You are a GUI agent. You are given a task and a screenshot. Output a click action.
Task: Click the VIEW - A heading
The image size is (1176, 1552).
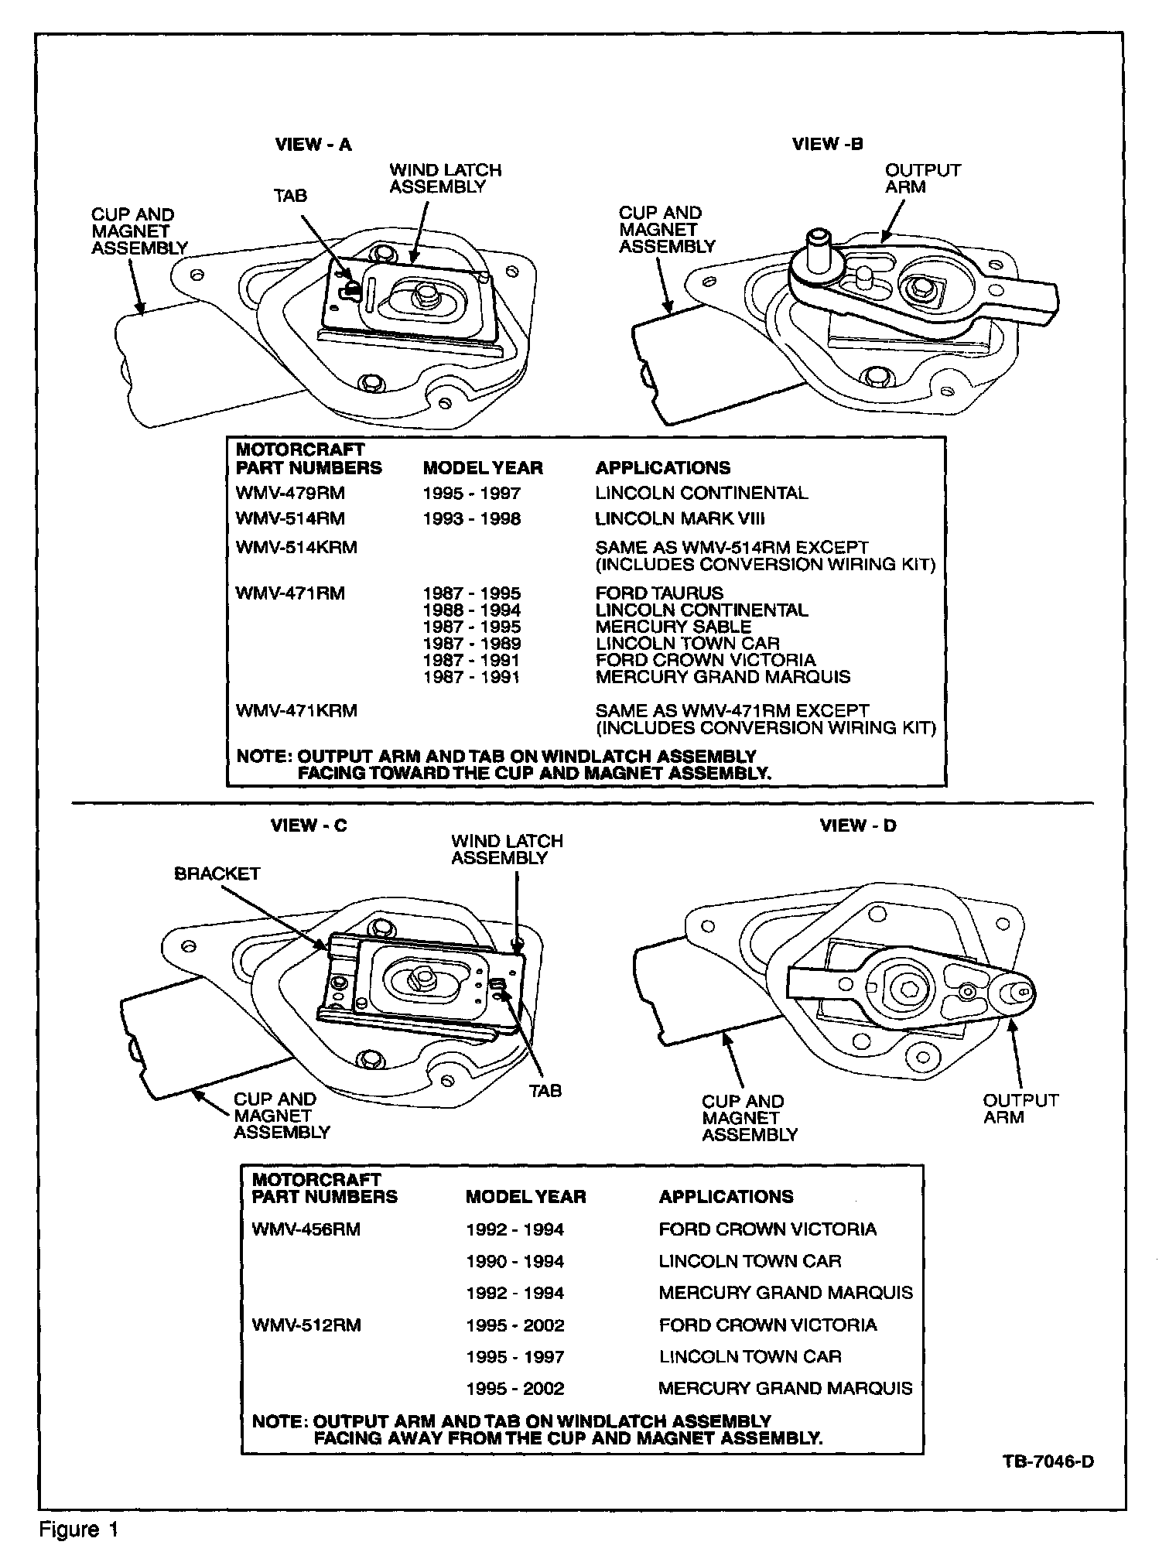click(313, 145)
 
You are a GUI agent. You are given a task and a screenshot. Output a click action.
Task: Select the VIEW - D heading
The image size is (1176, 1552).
click(858, 826)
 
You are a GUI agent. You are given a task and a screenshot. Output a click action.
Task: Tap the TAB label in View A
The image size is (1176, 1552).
click(289, 196)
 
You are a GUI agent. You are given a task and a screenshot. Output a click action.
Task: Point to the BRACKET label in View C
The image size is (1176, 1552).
click(217, 873)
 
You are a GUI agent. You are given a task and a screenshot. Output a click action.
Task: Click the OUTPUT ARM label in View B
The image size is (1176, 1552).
click(922, 178)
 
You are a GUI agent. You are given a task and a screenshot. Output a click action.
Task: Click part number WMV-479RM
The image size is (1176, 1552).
click(290, 493)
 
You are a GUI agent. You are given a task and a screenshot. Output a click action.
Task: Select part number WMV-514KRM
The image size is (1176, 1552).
click(296, 547)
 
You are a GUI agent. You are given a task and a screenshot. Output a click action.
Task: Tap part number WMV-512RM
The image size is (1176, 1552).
click(306, 1325)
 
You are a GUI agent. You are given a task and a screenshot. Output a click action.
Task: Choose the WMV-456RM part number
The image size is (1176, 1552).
click(306, 1229)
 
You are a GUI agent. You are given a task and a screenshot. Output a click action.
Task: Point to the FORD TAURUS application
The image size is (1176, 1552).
click(659, 593)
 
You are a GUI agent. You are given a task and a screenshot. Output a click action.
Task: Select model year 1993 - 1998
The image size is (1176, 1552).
click(472, 518)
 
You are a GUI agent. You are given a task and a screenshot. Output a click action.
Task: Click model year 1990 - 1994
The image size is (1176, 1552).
click(514, 1261)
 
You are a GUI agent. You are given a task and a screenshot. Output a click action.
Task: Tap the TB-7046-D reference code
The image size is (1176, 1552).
click(1048, 1461)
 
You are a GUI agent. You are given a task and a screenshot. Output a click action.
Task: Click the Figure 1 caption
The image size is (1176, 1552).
click(79, 1530)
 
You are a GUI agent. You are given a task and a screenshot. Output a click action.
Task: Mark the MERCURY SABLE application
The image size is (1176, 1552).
click(673, 627)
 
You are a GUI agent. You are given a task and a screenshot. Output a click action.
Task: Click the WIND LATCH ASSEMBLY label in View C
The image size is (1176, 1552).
click(507, 849)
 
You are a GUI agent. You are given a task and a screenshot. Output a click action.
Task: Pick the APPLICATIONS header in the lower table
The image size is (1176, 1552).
click(726, 1196)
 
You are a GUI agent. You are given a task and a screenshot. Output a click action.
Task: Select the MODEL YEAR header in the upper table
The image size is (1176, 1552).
click(483, 467)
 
